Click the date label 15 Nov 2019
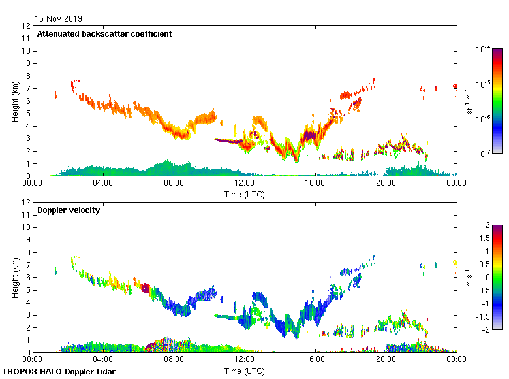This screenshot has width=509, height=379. point(59,18)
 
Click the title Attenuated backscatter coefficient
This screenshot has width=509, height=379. point(104,34)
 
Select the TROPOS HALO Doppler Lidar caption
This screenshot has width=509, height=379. point(59,372)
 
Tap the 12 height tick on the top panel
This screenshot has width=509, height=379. point(27,26)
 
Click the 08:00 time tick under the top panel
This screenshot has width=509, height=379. point(174,183)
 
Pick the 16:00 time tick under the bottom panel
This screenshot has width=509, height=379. point(315,359)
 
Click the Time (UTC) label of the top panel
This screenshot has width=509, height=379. point(244,194)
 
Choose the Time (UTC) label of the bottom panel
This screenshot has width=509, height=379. point(244,371)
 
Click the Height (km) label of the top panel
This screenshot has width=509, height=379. point(14,101)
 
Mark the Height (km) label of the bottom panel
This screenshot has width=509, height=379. point(14,278)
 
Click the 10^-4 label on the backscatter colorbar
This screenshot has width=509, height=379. point(484,50)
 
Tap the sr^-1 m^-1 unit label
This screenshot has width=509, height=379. point(469,101)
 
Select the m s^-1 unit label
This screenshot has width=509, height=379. point(469,277)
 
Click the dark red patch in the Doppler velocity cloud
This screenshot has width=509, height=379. point(145,287)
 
